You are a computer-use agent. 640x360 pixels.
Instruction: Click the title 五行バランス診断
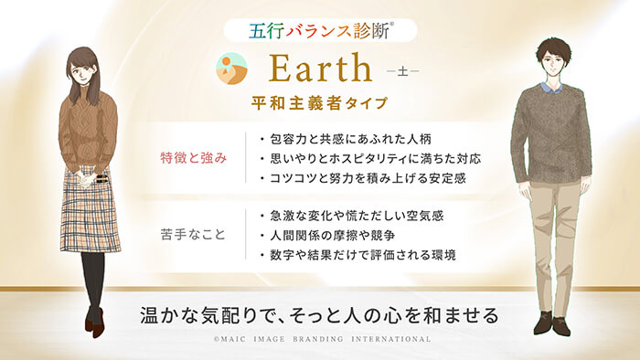[x=319, y=28]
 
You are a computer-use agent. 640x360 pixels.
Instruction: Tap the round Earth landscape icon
[x=231, y=69]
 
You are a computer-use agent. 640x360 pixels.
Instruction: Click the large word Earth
[x=321, y=69]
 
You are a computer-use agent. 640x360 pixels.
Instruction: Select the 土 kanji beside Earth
[x=403, y=71]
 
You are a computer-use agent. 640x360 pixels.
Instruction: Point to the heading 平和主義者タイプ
[x=320, y=102]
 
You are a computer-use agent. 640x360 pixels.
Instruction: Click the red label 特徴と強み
[x=196, y=157]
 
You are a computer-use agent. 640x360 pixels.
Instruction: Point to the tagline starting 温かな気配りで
[x=319, y=315]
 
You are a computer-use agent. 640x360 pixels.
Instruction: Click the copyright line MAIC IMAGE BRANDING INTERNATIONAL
[x=320, y=339]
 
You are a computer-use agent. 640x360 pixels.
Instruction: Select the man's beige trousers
[x=550, y=238]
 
